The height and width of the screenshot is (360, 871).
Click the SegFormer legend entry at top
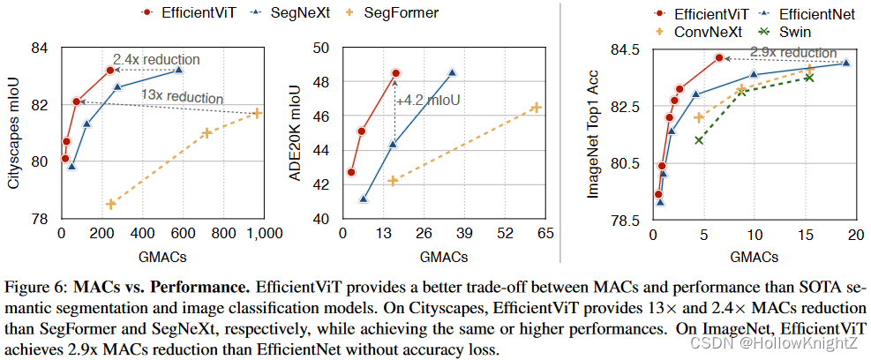click(x=400, y=12)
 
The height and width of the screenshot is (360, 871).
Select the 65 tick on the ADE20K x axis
click(x=545, y=234)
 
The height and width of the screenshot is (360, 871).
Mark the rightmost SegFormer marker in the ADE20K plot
click(x=535, y=107)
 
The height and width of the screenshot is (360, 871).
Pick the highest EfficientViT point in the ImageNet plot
click(x=719, y=57)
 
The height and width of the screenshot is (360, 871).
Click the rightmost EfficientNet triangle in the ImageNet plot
click(x=845, y=63)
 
